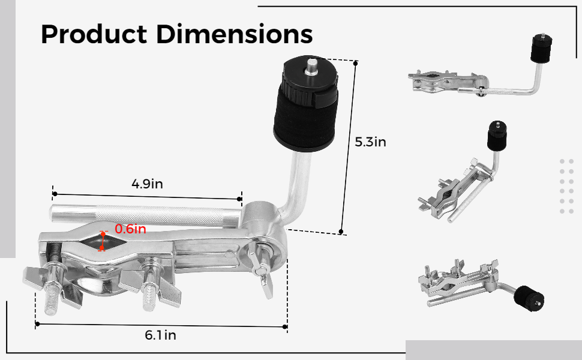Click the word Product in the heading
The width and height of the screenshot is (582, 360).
pos(93,34)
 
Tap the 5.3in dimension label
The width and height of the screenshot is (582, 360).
pos(370,142)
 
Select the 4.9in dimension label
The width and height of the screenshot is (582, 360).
pos(148,184)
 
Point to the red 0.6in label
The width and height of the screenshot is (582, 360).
pos(130,229)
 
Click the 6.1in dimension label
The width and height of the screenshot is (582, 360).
pos(160,335)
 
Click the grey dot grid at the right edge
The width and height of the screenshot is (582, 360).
pos(566,186)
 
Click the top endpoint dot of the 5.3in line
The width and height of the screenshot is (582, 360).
pos(356,62)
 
